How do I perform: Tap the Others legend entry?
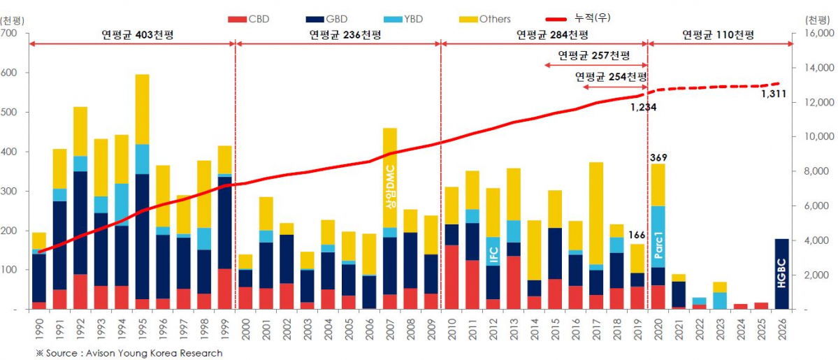point(494,19)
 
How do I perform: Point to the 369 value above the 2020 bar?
point(658,157)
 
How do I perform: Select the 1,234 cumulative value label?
point(643,107)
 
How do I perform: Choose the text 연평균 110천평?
point(719,34)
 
